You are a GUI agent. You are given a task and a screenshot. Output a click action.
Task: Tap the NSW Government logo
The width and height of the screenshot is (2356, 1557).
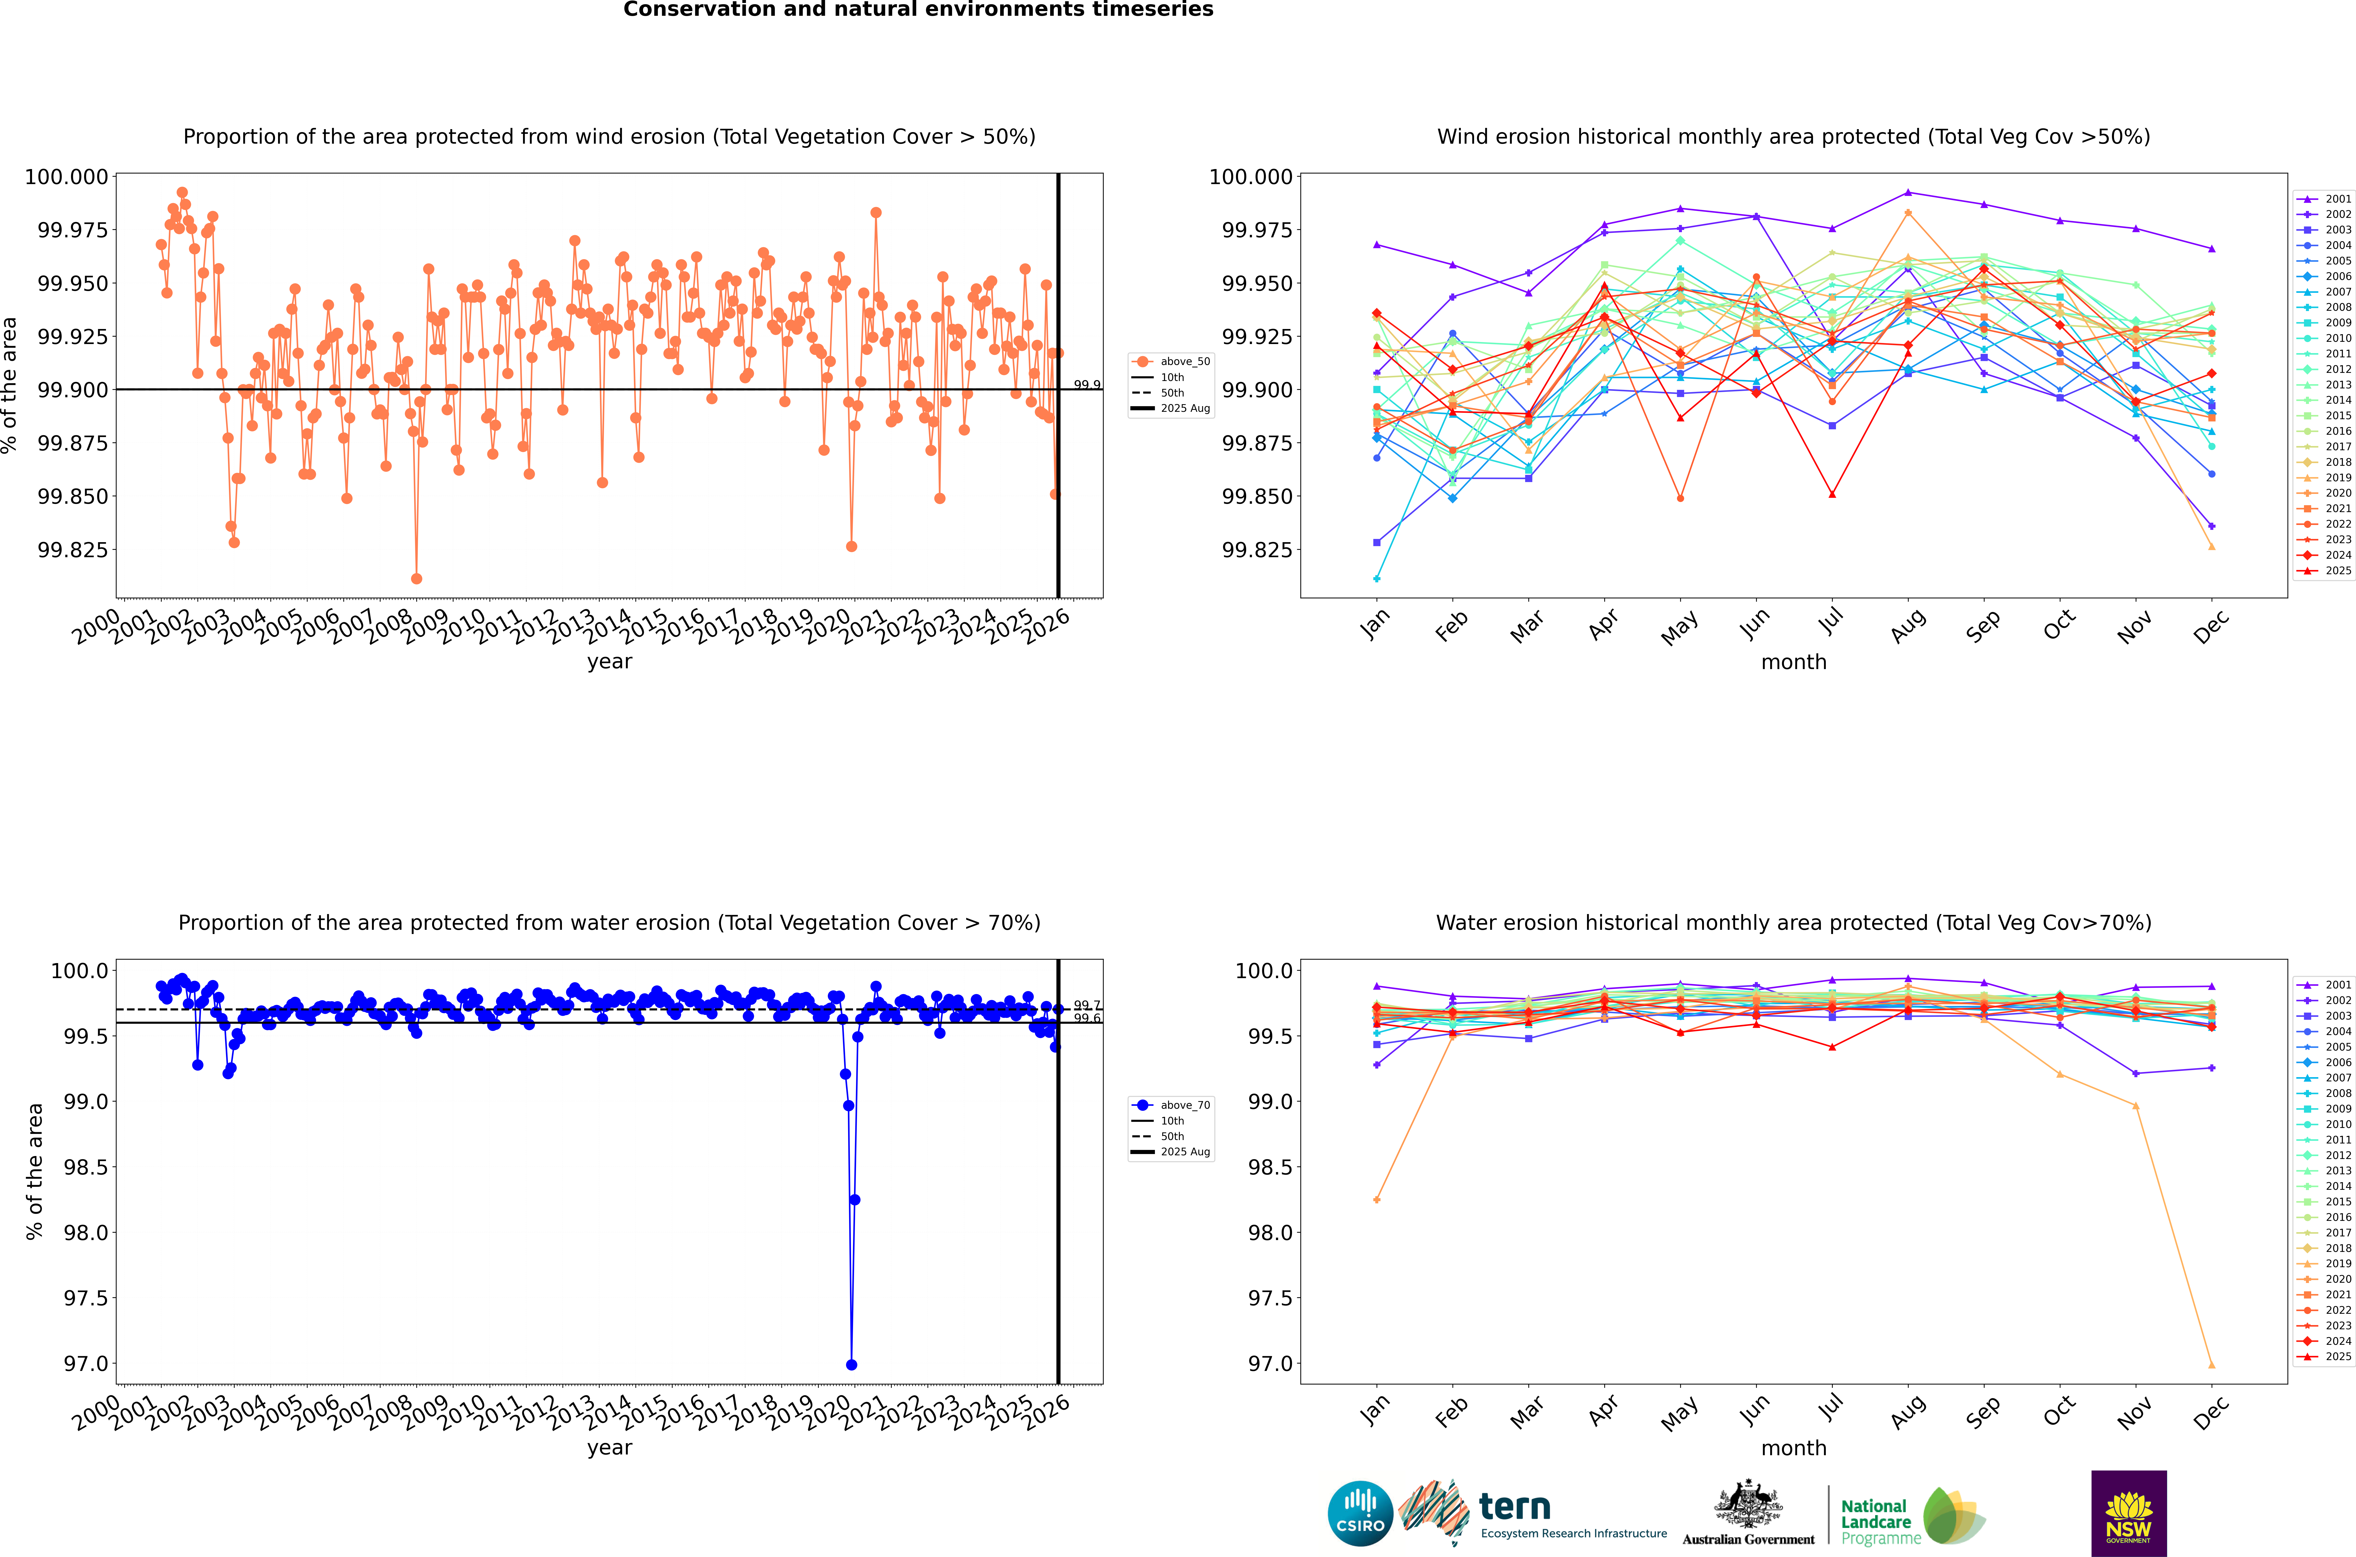tap(2129, 1513)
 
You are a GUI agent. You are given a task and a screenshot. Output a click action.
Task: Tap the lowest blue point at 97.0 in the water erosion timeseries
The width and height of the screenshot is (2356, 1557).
tap(851, 1364)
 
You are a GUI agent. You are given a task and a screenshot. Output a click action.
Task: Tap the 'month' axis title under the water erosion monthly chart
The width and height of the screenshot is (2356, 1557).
tap(1793, 1448)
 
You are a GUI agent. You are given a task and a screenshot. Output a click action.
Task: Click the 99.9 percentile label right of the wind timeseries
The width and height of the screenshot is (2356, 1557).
tap(1087, 384)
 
